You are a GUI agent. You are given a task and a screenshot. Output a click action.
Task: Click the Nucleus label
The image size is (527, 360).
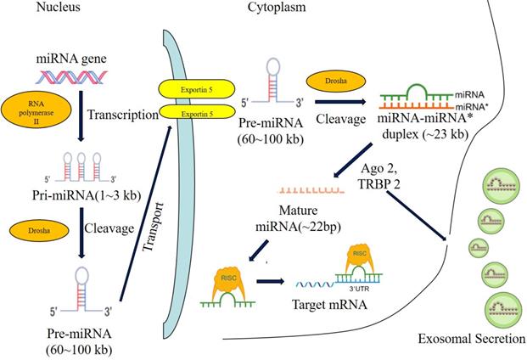tap(31, 9)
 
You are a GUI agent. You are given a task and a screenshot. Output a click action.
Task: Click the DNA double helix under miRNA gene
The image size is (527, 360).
tap(82, 79)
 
